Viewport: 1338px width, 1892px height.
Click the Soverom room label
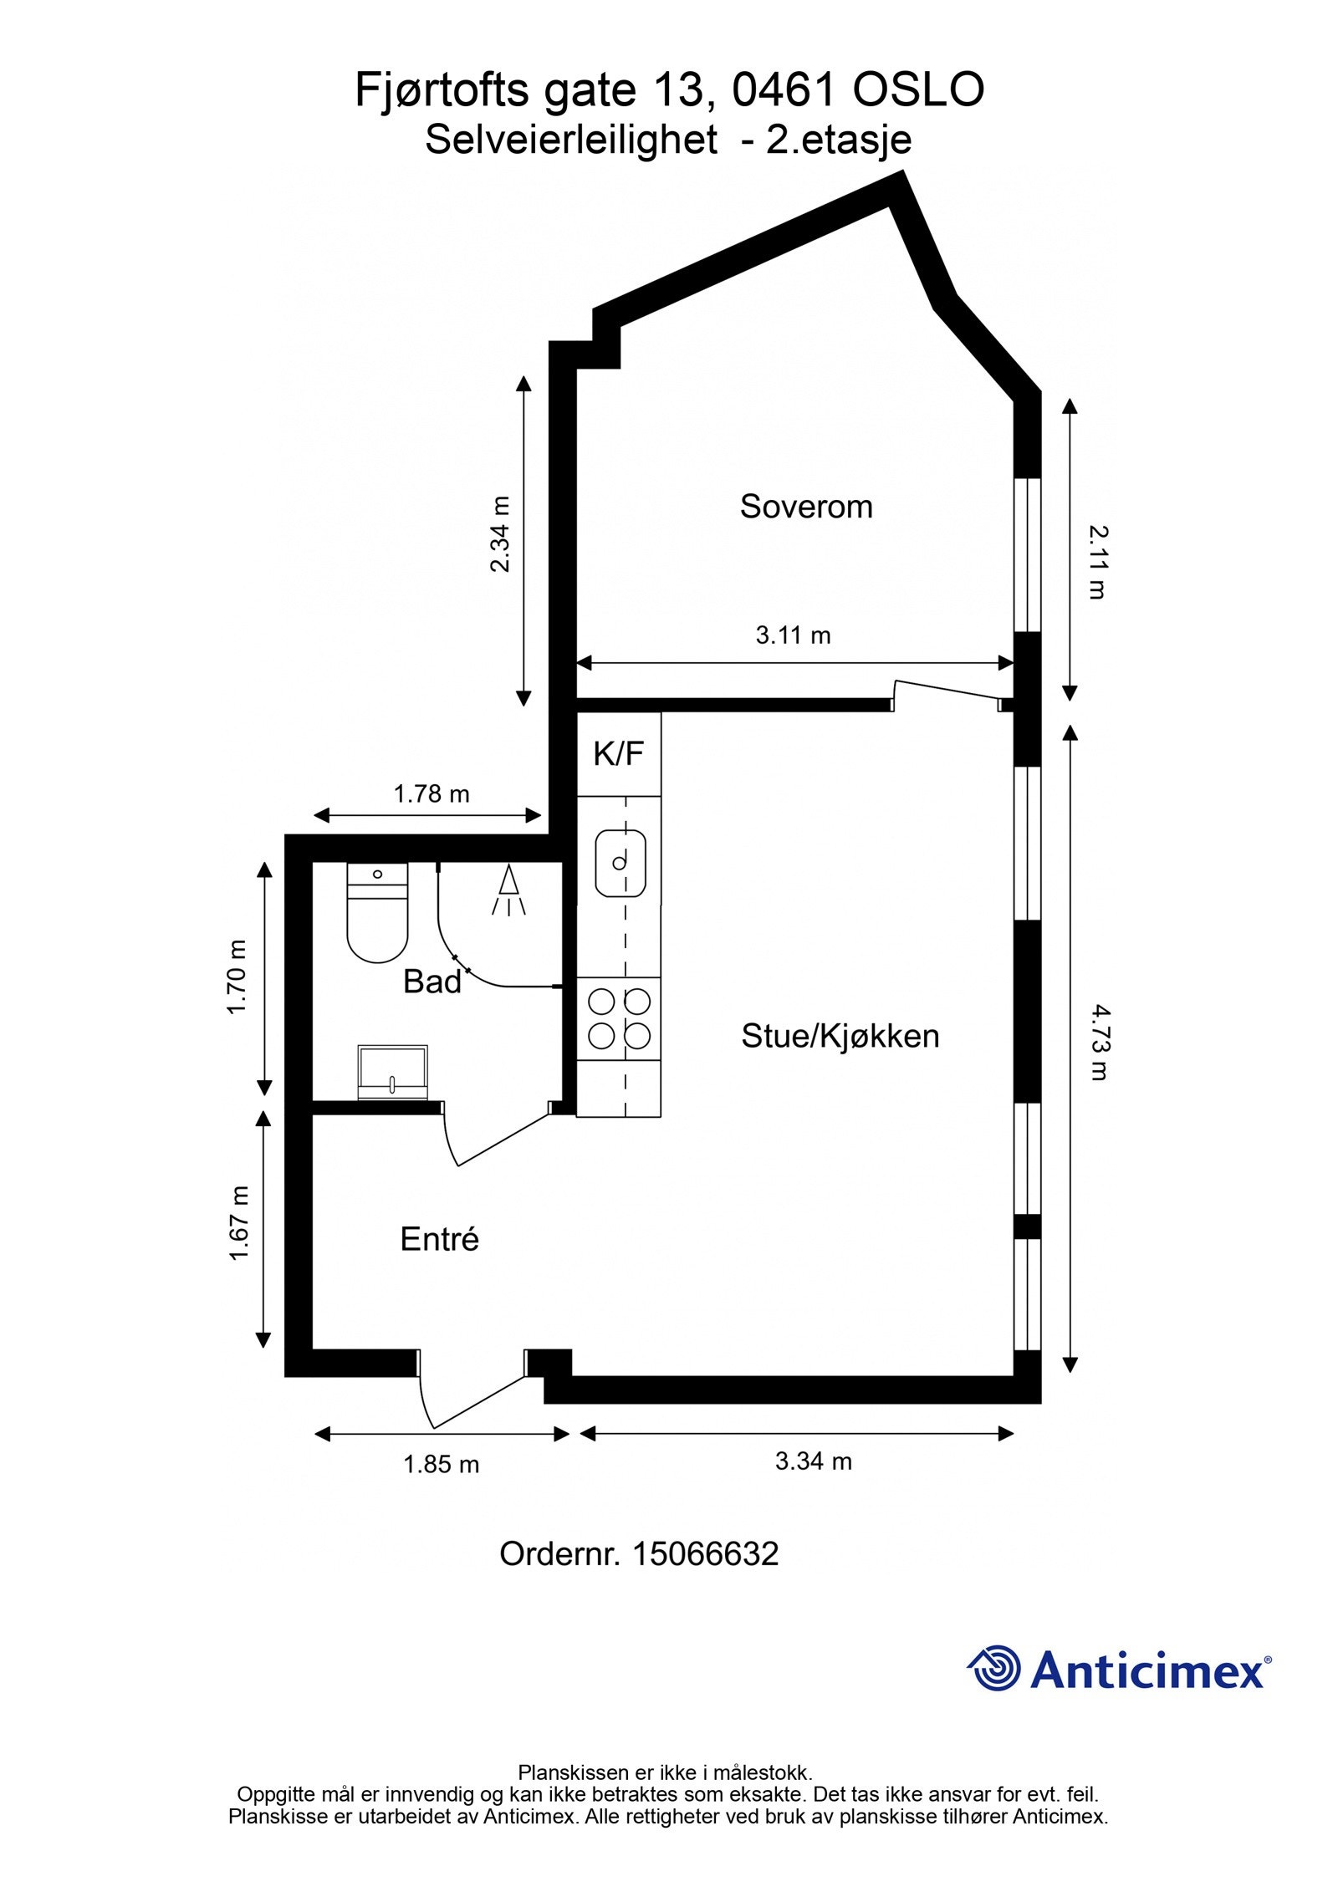tap(805, 507)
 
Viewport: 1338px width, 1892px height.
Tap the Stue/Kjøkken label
tap(840, 1036)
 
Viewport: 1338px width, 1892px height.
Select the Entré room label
tap(439, 1238)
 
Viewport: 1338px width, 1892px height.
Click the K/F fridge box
tap(618, 753)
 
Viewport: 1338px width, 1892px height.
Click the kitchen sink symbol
tap(620, 862)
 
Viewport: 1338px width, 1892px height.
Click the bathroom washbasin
tap(392, 1072)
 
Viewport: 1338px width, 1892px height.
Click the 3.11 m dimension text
tap(793, 635)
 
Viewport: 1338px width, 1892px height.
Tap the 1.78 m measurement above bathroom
tap(432, 793)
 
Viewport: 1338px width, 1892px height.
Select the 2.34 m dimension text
tap(499, 534)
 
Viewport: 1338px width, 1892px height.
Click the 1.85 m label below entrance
tap(441, 1464)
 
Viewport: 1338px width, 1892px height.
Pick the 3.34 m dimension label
tap(813, 1461)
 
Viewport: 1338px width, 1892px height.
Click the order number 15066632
tap(705, 1553)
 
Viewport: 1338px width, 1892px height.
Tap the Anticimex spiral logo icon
tap(995, 1668)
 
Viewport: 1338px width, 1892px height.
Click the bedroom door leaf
tap(949, 690)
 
